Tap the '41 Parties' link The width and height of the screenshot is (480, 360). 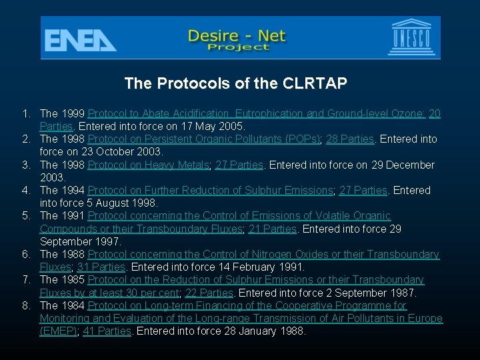point(107,331)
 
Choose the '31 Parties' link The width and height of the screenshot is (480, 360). point(101,267)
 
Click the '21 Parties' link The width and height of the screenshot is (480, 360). point(272,229)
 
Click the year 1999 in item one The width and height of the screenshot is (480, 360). point(73,114)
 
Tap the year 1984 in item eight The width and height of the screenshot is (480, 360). point(73,305)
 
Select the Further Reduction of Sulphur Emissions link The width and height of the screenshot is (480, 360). point(210,191)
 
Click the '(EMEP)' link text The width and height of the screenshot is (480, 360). point(59,331)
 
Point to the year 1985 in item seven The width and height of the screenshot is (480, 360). point(73,280)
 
